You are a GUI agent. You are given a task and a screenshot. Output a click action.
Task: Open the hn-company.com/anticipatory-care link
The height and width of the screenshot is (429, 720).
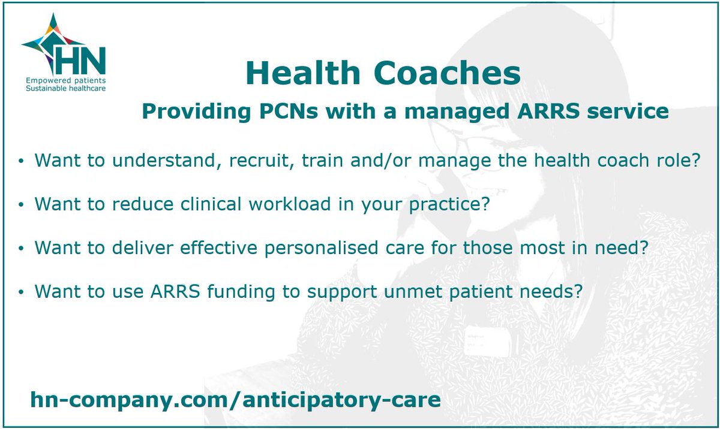pyautogui.click(x=235, y=399)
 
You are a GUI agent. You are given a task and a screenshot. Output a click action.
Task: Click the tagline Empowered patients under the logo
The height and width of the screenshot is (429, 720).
pyautogui.click(x=65, y=80)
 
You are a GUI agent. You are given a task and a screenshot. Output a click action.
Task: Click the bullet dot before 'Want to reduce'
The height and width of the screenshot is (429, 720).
pyautogui.click(x=22, y=205)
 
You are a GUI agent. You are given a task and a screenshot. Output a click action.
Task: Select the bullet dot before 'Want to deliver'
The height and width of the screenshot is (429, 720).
pyautogui.click(x=22, y=248)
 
